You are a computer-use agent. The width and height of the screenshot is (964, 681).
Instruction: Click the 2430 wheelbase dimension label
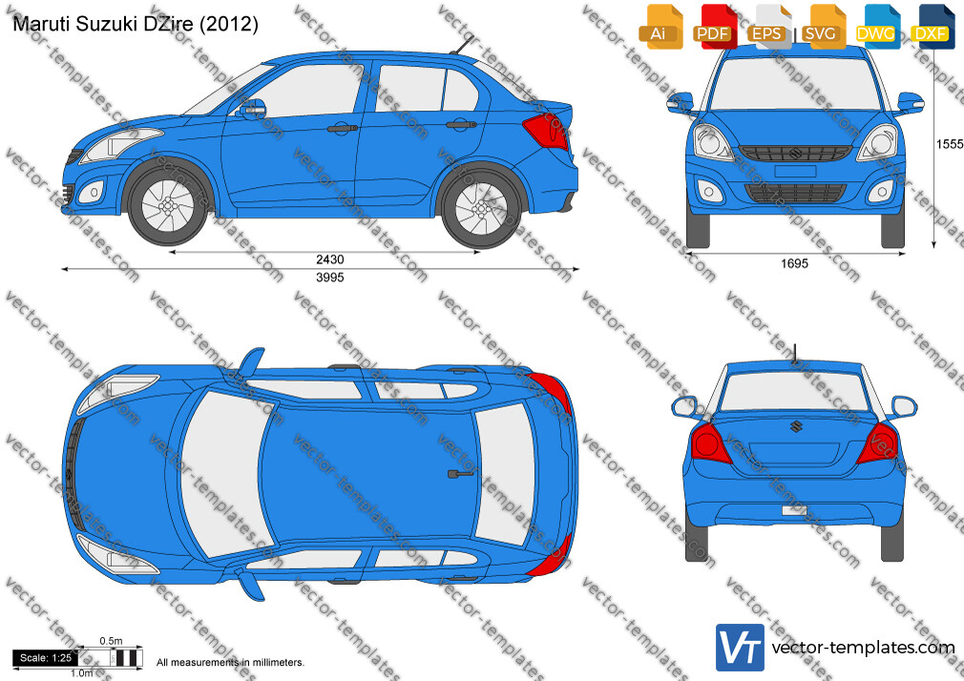tap(329, 259)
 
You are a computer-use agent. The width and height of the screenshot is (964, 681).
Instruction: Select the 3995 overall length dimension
tap(329, 278)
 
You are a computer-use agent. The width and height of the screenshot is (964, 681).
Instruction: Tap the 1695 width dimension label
tap(794, 263)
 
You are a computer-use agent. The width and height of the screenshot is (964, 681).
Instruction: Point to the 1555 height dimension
tap(950, 144)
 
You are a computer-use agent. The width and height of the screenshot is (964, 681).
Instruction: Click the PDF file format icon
tap(713, 27)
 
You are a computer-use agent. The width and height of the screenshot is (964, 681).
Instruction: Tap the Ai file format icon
tap(660, 27)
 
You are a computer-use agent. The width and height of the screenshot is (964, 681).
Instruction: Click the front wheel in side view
tap(167, 205)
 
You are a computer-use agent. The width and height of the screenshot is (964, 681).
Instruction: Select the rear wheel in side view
tap(481, 207)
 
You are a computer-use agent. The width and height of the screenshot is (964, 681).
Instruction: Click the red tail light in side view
tap(545, 132)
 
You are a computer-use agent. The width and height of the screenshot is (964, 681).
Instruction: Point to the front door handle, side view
tap(343, 129)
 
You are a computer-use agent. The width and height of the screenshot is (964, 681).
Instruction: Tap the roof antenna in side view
tap(462, 45)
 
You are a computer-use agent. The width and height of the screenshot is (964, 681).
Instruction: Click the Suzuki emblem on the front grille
tap(796, 153)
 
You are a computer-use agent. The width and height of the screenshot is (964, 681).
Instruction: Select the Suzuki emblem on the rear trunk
tap(796, 426)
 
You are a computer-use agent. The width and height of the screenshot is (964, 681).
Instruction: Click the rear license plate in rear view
tap(794, 510)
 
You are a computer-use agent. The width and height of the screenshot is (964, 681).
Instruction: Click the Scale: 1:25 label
tap(46, 658)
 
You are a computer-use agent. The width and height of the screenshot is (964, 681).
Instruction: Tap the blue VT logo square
tap(741, 648)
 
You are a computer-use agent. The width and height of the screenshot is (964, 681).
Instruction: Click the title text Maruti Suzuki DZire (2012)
tap(136, 23)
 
